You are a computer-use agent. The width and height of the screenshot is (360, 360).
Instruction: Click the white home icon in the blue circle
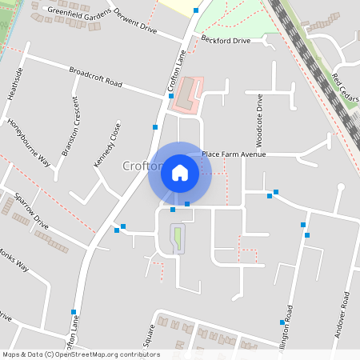tap(180, 172)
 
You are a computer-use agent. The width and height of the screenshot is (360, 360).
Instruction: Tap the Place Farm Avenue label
tap(233, 154)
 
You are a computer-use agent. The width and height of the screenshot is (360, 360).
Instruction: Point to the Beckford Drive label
tap(226, 39)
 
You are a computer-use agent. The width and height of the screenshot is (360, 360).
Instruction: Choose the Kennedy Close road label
tap(107, 144)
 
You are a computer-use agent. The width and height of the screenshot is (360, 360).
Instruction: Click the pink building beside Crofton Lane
tap(190, 94)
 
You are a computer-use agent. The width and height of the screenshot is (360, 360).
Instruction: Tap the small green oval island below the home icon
tap(177, 238)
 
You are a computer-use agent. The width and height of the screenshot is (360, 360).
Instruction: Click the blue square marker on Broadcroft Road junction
tap(171, 96)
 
